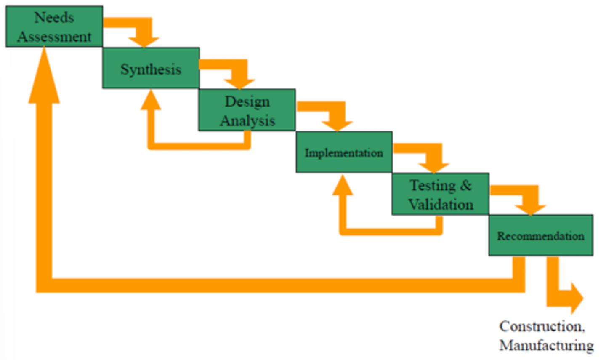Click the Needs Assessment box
click(54, 26)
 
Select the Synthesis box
click(151, 68)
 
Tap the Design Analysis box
click(247, 110)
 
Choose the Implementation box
click(344, 152)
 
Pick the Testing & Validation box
click(440, 194)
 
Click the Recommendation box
click(541, 235)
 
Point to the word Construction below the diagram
click(542, 326)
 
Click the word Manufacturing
click(546, 345)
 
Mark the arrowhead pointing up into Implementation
click(343, 186)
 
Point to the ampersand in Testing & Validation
click(465, 185)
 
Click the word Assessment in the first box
click(54, 37)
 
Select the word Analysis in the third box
click(247, 121)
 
